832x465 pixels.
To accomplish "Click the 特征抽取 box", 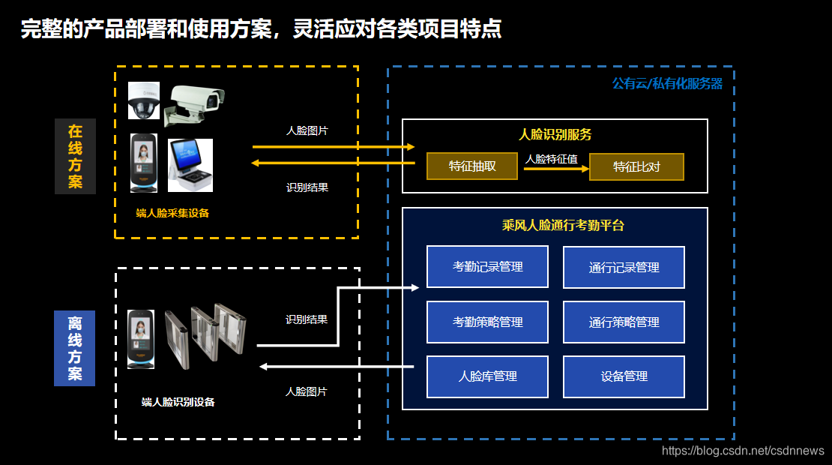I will pyautogui.click(x=472, y=166).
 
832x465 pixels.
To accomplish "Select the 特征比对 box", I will pyautogui.click(x=636, y=166).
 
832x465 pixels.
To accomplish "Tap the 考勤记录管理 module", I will pyautogui.click(x=487, y=267).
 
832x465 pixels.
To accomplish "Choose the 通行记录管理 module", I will pyautogui.click(x=624, y=267).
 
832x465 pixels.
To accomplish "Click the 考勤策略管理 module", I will pyautogui.click(x=487, y=322).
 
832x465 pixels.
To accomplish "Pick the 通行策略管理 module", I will pyautogui.click(x=624, y=322).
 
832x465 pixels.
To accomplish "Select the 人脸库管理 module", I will pyautogui.click(x=487, y=376).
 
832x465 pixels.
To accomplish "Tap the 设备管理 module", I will pyautogui.click(x=624, y=376).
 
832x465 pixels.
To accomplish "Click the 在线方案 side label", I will pyautogui.click(x=75, y=156).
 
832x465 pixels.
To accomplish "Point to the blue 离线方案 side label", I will pyautogui.click(x=75, y=348).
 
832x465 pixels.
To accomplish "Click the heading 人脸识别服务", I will pyautogui.click(x=555, y=135).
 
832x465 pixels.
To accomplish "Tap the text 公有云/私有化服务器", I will pyautogui.click(x=667, y=84).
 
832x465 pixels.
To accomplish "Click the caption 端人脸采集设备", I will pyautogui.click(x=172, y=213).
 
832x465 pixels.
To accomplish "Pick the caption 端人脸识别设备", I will pyautogui.click(x=178, y=402).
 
